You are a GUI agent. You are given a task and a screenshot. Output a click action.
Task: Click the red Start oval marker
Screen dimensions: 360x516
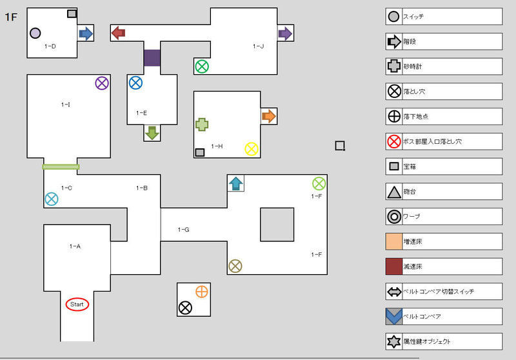point(77,304)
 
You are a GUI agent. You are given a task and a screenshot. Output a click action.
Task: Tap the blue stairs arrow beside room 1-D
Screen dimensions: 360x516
point(85,33)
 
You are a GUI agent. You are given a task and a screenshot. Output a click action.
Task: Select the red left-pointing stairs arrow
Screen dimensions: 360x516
point(118,33)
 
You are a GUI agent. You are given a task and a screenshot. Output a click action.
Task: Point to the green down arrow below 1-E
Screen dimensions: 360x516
point(152,133)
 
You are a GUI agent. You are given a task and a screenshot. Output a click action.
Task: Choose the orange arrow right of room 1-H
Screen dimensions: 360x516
point(268,116)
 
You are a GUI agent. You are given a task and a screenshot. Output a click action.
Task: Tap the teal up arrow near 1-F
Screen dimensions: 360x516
point(235,183)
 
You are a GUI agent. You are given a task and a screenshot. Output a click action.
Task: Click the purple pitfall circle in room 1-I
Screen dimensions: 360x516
point(102,83)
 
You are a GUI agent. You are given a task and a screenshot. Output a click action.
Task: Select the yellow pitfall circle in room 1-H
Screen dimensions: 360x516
point(252,149)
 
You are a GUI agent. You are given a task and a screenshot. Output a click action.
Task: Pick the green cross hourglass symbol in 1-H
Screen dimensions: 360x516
point(202,125)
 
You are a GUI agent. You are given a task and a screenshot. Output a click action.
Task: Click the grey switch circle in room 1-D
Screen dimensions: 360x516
point(35,33)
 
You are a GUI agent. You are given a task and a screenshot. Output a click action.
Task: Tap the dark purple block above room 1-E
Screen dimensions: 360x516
point(152,58)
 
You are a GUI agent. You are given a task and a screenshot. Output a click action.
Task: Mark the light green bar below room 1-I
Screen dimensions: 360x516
point(61,167)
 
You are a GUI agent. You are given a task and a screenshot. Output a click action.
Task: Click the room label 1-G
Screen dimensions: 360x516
point(183,230)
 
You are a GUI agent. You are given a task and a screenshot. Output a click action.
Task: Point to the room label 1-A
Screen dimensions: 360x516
point(75,246)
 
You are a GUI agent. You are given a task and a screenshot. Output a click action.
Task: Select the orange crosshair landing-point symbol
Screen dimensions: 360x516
point(202,292)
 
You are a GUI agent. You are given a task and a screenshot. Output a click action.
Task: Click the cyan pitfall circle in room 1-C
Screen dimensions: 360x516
point(51,199)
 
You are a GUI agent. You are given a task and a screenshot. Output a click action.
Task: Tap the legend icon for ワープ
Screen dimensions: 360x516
point(393,217)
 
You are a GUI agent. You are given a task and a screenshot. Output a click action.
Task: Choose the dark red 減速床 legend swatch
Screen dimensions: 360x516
point(394,266)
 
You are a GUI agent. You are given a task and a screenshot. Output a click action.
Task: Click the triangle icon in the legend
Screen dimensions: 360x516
point(393,192)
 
